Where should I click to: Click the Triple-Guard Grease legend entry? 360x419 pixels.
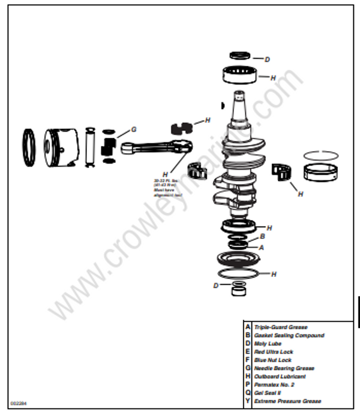tap(281, 327)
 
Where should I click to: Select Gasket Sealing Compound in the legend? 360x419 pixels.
tap(289, 336)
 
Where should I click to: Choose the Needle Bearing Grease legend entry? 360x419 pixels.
tap(284, 369)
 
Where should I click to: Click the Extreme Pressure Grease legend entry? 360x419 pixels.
tap(287, 401)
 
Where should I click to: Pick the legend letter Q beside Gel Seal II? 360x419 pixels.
tap(247, 393)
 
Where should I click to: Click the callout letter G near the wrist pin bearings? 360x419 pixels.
tap(134, 129)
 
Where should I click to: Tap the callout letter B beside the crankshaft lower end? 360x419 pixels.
tap(262, 237)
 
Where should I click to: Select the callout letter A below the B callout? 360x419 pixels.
tap(261, 246)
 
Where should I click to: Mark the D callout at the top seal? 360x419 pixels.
tap(267, 59)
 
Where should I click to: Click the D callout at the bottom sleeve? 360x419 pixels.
tap(217, 285)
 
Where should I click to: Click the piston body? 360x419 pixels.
tap(61, 147)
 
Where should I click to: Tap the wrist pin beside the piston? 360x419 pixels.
tap(91, 147)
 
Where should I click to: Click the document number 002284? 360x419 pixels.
tap(18, 403)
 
